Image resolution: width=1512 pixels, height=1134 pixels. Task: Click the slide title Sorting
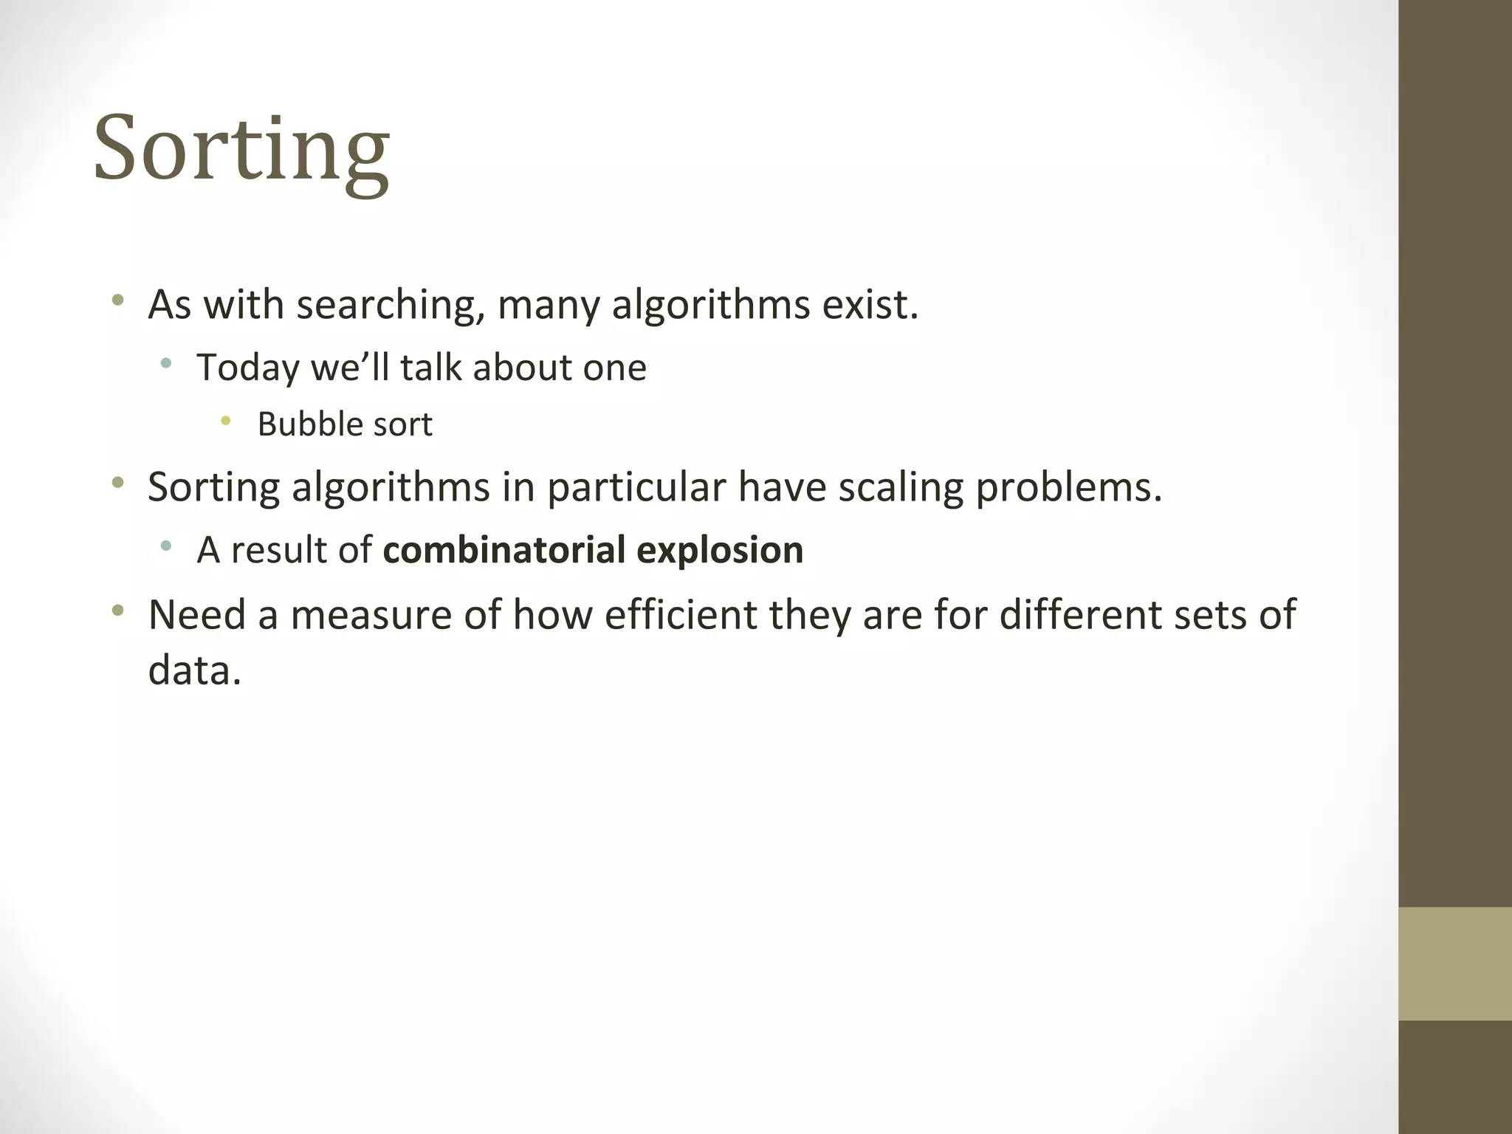(241, 150)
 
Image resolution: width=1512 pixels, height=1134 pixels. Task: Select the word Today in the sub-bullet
(247, 368)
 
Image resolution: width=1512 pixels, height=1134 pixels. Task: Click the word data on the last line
(194, 671)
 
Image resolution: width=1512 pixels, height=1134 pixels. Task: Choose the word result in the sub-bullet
(277, 550)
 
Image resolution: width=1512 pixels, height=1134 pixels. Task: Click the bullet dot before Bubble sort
(226, 422)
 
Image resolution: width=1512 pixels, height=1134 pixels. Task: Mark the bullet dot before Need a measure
(117, 611)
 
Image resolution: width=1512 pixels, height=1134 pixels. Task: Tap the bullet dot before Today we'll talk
(165, 363)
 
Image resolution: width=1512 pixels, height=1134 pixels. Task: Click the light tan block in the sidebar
(1454, 963)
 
